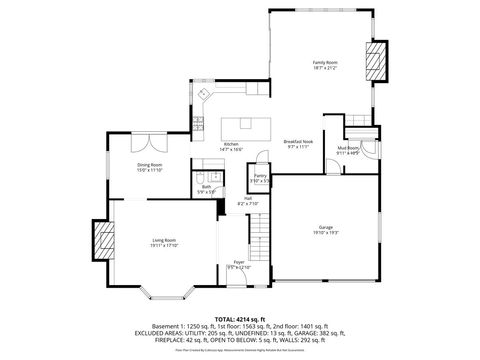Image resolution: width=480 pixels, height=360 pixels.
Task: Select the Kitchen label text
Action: [x=231, y=144]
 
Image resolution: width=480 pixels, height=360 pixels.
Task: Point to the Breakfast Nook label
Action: [x=299, y=141]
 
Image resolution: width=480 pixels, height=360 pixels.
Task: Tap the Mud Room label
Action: [x=348, y=148]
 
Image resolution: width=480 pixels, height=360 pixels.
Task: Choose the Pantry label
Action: [x=259, y=176]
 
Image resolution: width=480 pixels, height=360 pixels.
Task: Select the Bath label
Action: [x=207, y=186]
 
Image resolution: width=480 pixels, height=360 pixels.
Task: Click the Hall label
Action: [x=248, y=198]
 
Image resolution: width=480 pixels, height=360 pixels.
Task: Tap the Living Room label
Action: [x=165, y=240]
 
